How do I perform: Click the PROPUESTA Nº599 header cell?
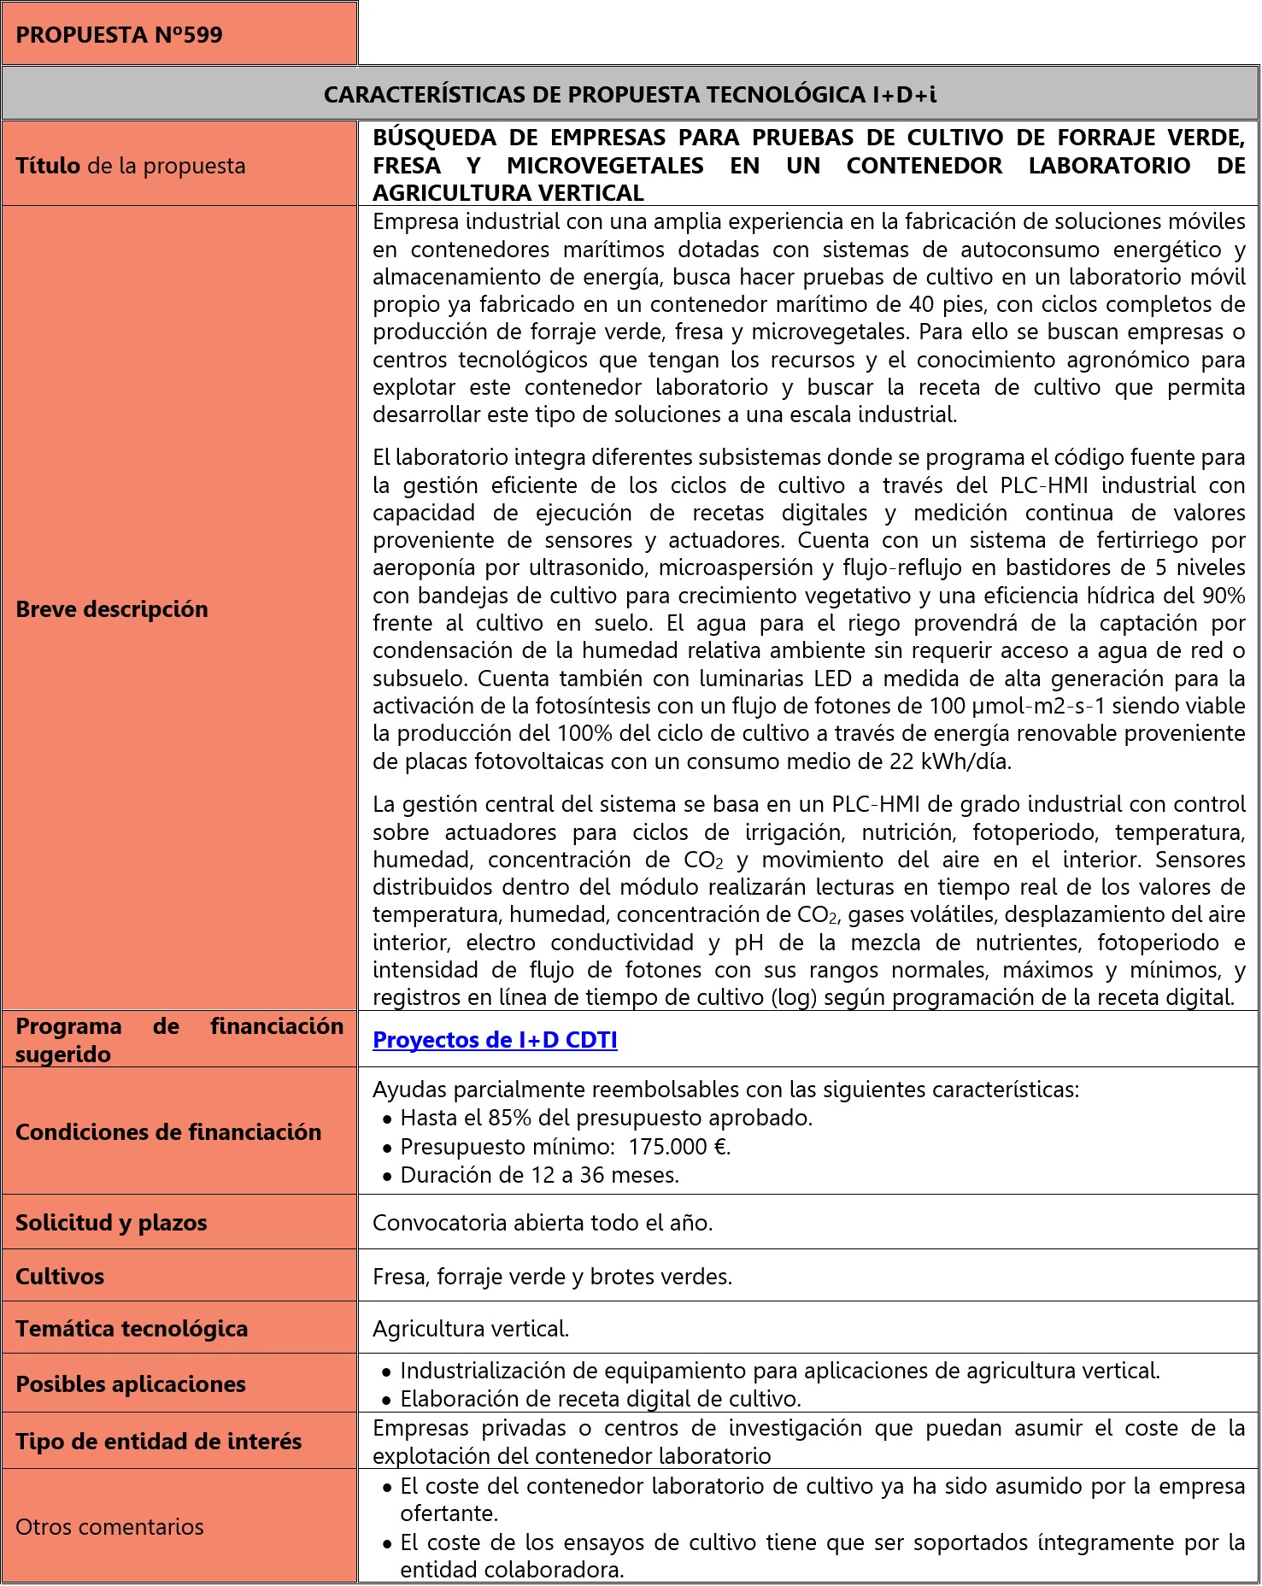[x=120, y=35]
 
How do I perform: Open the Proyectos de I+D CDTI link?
[x=495, y=1040]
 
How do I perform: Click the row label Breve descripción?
[x=112, y=609]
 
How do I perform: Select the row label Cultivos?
[x=60, y=1277]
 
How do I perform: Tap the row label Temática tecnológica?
[x=132, y=1329]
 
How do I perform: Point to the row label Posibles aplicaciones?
[x=131, y=1384]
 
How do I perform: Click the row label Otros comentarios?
[x=109, y=1527]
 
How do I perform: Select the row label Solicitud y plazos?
[x=111, y=1223]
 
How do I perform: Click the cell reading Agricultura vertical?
[x=471, y=1329]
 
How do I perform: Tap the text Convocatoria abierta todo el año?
[x=543, y=1223]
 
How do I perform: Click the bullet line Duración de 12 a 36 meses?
[x=539, y=1175]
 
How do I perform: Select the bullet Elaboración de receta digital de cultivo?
[x=601, y=1399]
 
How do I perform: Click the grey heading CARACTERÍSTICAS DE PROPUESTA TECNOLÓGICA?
[x=630, y=94]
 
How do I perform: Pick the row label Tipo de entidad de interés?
[x=159, y=1442]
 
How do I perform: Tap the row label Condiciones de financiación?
[x=168, y=1132]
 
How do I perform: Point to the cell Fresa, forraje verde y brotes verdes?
[x=553, y=1277]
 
